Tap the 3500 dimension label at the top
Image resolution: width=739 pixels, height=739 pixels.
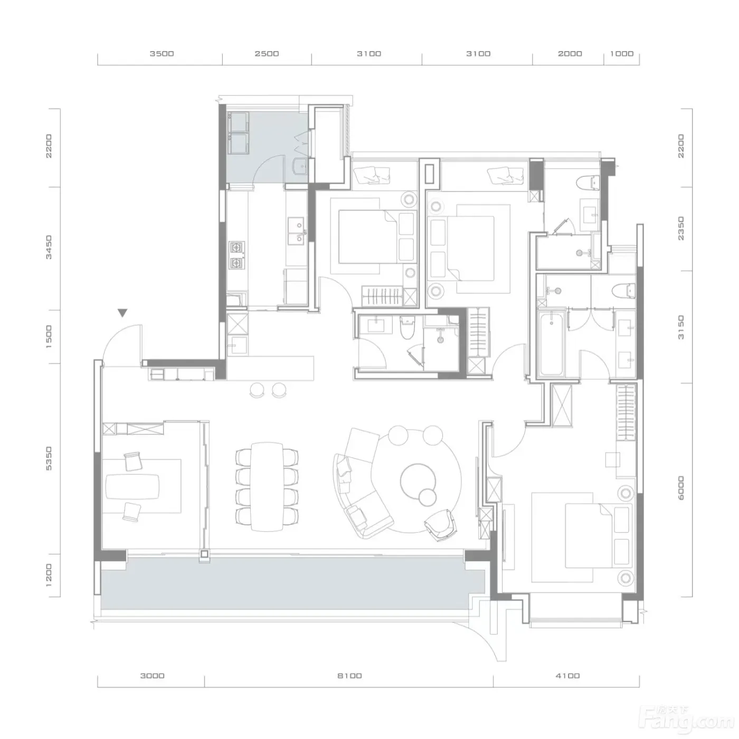162,54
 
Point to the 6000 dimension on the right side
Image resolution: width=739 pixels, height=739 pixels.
681,488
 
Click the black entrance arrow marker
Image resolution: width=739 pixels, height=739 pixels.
122,313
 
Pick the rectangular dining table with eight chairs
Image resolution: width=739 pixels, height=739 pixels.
267,487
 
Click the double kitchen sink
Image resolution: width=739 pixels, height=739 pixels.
297,231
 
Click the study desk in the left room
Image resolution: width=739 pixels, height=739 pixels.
132,487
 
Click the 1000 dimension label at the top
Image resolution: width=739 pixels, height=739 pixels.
622,54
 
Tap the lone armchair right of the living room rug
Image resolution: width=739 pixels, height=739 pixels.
441,525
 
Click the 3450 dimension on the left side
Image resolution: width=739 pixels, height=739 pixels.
49,248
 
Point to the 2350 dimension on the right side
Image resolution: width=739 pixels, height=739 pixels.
681,229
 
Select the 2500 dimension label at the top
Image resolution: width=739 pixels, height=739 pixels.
267,54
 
